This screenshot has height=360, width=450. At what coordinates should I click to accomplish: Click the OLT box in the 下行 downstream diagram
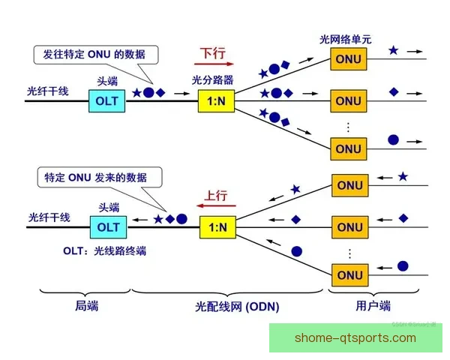(108, 101)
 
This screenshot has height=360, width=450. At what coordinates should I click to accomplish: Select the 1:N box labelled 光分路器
(217, 101)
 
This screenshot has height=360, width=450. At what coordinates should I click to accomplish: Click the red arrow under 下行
(212, 66)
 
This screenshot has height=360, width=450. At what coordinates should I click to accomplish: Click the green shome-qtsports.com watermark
(355, 338)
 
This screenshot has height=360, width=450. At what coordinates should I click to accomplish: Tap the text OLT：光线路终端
(105, 250)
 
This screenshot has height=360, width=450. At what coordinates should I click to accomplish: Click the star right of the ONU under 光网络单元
(394, 51)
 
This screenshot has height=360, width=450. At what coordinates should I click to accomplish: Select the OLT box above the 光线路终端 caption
(108, 226)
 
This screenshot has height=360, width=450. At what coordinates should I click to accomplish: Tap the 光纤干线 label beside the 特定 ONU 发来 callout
(49, 217)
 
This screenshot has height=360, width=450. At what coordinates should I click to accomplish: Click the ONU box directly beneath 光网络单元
(348, 58)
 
